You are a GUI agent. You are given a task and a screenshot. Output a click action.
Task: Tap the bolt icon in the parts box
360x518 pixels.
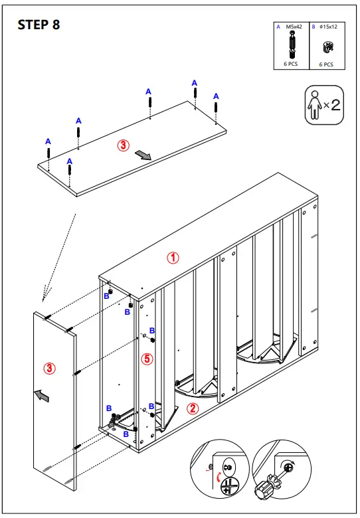292,44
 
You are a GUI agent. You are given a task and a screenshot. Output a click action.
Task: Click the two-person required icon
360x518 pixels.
324,104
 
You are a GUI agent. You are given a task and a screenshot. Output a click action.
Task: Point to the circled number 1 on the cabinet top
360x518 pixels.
173,259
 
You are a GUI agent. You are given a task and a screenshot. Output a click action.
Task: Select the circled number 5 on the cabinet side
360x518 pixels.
147,359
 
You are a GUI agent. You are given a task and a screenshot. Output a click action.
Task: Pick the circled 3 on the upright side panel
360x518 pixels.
49,367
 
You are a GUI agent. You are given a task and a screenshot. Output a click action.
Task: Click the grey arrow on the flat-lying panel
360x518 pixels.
143,155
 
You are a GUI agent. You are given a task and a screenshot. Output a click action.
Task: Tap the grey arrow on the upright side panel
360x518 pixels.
41,396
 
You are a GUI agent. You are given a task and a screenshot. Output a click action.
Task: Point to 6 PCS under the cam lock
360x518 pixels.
326,64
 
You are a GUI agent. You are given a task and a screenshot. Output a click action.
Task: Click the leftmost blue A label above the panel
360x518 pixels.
48,141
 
